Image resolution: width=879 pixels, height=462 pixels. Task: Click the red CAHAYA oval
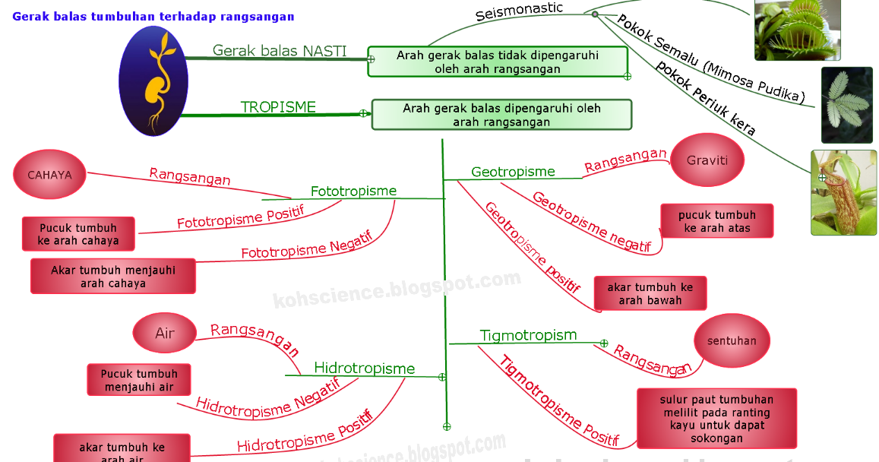pyautogui.click(x=49, y=175)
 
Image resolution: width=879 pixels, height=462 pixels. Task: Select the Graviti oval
pyautogui.click(x=707, y=160)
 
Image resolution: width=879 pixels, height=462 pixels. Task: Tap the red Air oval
pyautogui.click(x=164, y=334)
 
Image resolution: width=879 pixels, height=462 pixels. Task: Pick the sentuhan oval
pyautogui.click(x=732, y=341)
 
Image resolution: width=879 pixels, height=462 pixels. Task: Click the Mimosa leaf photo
pyautogui.click(x=846, y=105)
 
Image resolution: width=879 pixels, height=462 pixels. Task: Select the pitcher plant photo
pyautogui.click(x=843, y=192)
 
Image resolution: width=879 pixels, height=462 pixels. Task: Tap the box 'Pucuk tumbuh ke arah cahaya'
pyautogui.click(x=78, y=234)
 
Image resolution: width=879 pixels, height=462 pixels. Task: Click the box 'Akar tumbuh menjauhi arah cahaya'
pyautogui.click(x=113, y=277)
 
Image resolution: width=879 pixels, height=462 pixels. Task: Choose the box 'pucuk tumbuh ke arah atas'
pyautogui.click(x=716, y=221)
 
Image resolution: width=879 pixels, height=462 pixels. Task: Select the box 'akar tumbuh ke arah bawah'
pyautogui.click(x=650, y=293)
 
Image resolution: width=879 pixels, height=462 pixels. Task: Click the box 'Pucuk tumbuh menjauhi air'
pyautogui.click(x=139, y=380)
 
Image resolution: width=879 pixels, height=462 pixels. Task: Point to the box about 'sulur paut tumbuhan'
pyautogui.click(x=716, y=419)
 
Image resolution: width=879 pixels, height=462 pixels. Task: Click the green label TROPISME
pyautogui.click(x=278, y=107)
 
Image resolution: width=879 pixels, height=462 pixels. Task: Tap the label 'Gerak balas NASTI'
pyautogui.click(x=279, y=51)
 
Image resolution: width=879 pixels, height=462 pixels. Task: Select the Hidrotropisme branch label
pyautogui.click(x=364, y=369)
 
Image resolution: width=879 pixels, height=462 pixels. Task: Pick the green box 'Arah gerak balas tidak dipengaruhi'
pyautogui.click(x=498, y=62)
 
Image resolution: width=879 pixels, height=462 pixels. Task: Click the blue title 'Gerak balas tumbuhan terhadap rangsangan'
pyautogui.click(x=153, y=16)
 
